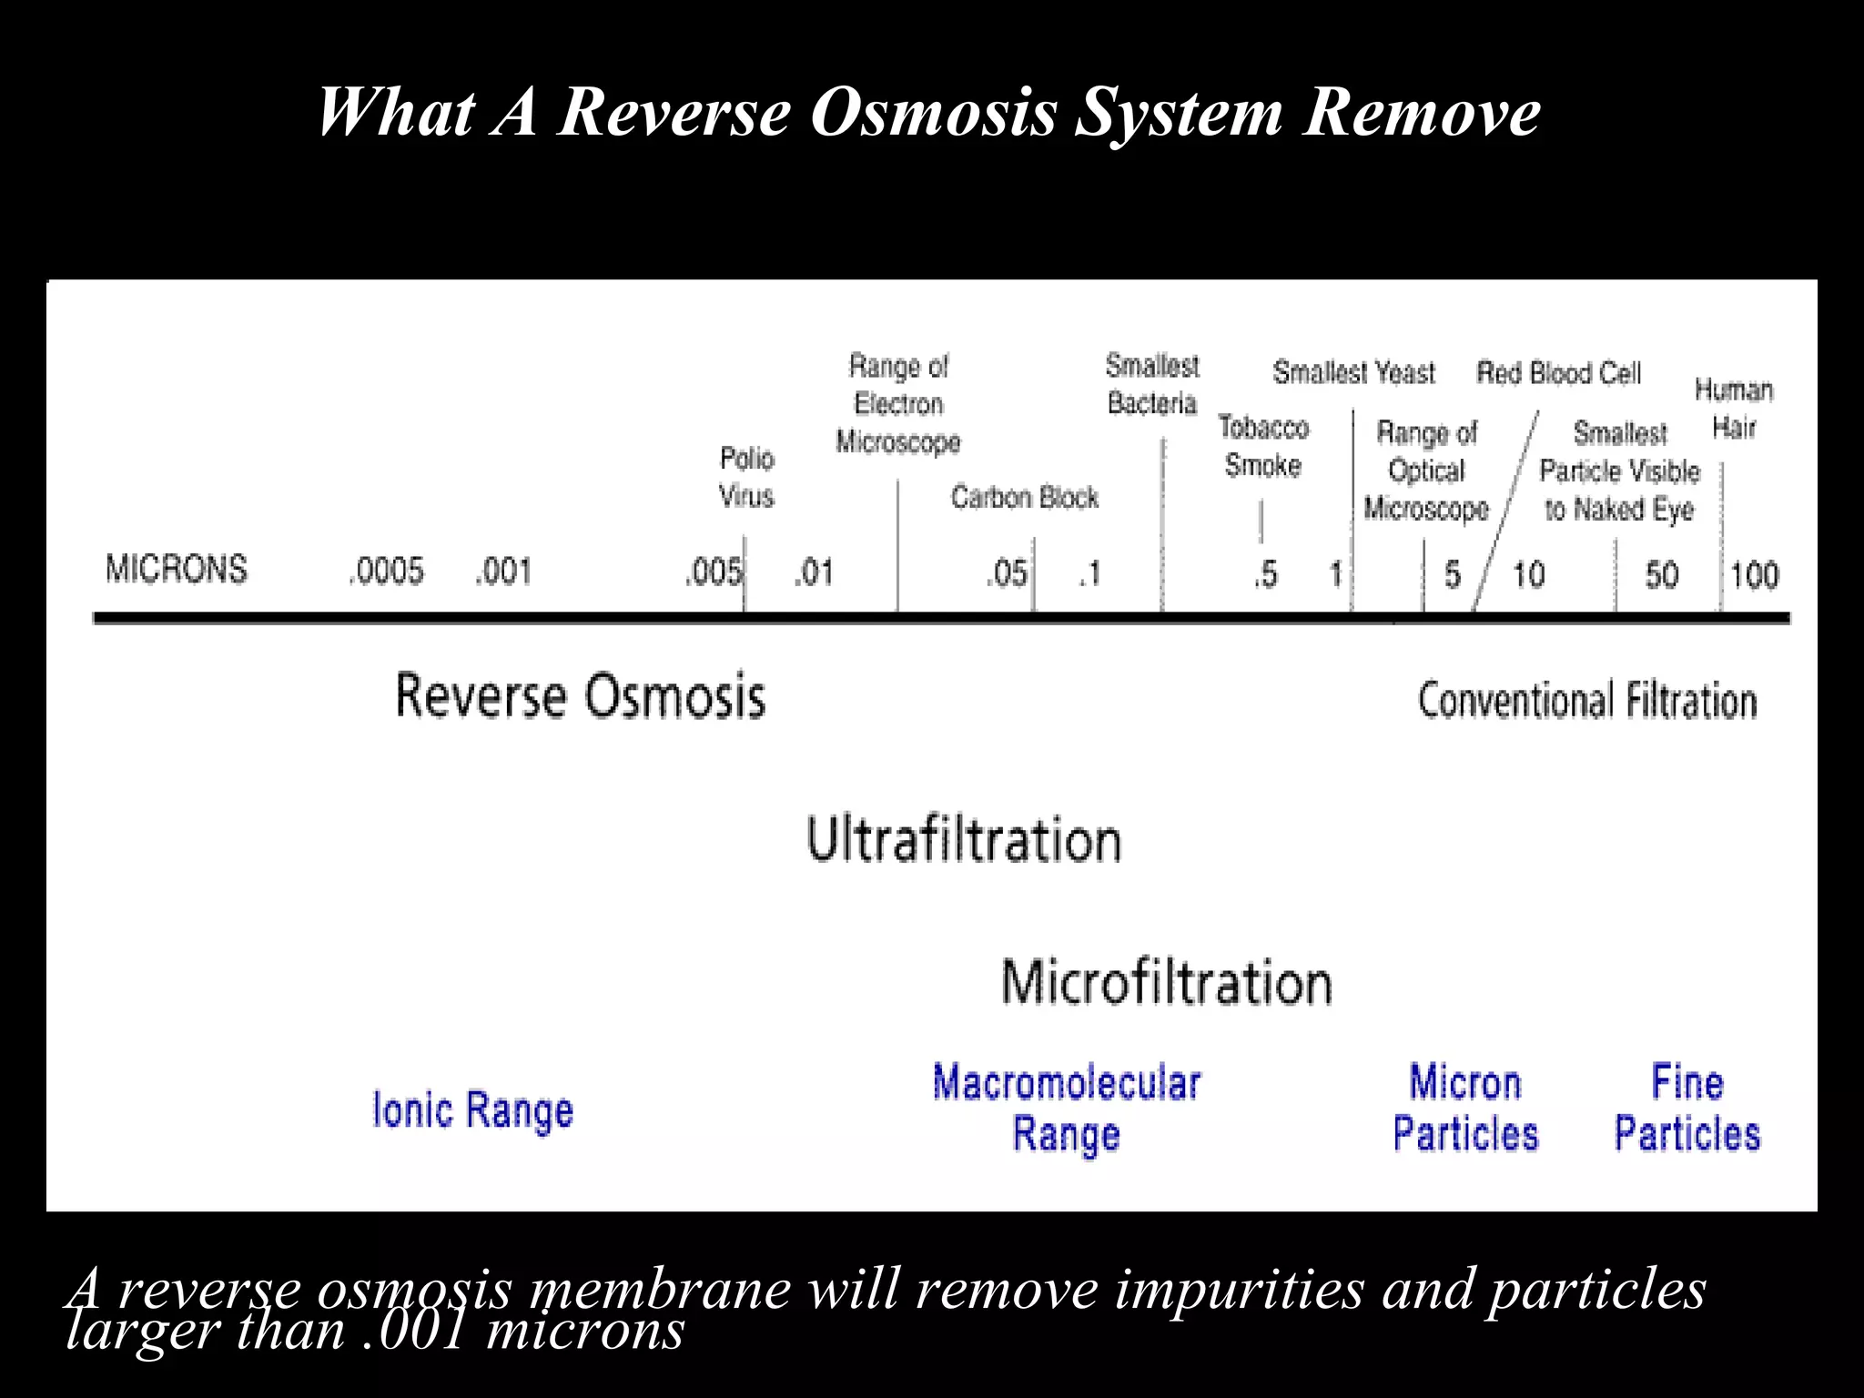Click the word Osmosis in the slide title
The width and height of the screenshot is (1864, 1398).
[x=934, y=113]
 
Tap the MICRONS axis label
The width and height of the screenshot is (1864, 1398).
[x=177, y=569]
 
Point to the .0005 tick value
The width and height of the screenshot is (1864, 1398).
[x=386, y=572]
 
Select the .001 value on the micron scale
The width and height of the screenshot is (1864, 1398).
[x=502, y=572]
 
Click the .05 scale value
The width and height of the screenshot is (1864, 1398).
[x=1007, y=573]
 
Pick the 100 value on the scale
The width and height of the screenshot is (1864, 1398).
[x=1754, y=575]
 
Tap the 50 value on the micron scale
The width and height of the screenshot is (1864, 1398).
[x=1661, y=575]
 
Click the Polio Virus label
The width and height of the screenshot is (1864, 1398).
[x=746, y=477]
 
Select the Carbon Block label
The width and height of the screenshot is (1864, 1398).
[x=1025, y=497]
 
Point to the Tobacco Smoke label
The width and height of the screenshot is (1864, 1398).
[x=1263, y=446]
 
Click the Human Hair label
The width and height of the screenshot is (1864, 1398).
[x=1734, y=409]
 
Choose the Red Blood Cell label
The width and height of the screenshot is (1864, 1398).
[x=1558, y=373]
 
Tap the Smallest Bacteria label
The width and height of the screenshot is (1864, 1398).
[x=1152, y=384]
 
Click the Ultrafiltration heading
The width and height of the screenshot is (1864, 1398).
[x=964, y=839]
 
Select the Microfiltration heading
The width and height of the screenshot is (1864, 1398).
[x=1167, y=983]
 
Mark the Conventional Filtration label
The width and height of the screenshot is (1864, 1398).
[x=1587, y=701]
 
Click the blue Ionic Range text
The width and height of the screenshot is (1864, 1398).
[x=473, y=1110]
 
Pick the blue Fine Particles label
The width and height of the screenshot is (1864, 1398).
[x=1687, y=1109]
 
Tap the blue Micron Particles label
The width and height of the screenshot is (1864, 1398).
[x=1465, y=1109]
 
